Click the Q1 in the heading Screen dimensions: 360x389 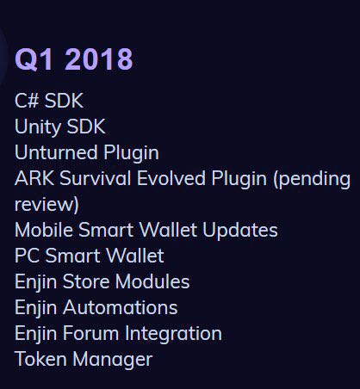click(x=34, y=59)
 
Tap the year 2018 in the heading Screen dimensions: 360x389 click(x=99, y=59)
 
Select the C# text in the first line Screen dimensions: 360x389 click(x=27, y=101)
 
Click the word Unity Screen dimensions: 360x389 click(x=37, y=127)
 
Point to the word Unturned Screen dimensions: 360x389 click(x=56, y=152)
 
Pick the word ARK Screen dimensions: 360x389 click(x=34, y=178)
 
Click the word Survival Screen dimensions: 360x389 click(x=96, y=178)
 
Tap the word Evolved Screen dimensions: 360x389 click(x=171, y=178)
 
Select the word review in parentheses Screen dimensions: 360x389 click(x=45, y=205)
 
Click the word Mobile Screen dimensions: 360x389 click(x=44, y=230)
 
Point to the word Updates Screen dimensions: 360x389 click(x=240, y=231)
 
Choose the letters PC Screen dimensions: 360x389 click(x=27, y=256)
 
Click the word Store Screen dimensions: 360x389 click(x=86, y=281)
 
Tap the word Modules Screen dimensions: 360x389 click(x=152, y=281)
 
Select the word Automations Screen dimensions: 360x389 click(x=120, y=307)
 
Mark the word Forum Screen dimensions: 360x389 click(x=90, y=333)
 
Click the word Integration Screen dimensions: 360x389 click(x=173, y=334)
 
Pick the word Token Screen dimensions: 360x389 click(x=40, y=359)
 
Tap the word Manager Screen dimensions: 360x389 click(x=112, y=360)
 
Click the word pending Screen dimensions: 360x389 click(x=312, y=179)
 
